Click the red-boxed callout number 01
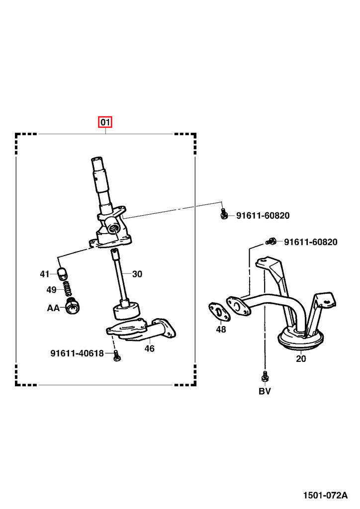click(x=105, y=122)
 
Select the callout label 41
click(x=45, y=274)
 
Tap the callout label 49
click(x=52, y=290)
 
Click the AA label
click(x=53, y=308)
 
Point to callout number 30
click(x=137, y=274)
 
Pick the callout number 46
click(x=150, y=348)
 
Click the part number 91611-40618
click(x=77, y=353)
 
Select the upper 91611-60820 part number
click(x=263, y=216)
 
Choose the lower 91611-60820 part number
click(x=310, y=242)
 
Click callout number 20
click(x=301, y=358)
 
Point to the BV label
click(x=265, y=391)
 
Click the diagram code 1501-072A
click(x=326, y=496)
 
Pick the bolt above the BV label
click(x=265, y=376)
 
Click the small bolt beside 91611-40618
click(x=116, y=355)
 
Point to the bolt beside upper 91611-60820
click(x=224, y=214)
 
